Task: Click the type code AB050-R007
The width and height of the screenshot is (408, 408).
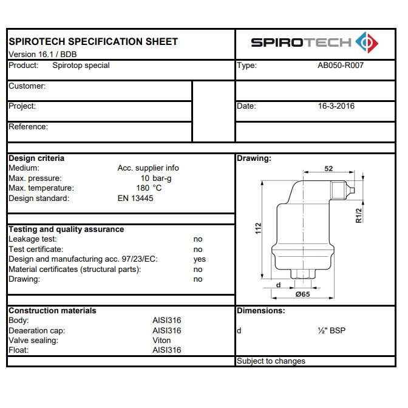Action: (340, 66)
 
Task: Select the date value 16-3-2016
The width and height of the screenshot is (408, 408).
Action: (336, 106)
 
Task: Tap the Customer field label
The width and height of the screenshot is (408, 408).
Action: (27, 86)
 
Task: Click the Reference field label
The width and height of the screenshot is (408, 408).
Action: (28, 126)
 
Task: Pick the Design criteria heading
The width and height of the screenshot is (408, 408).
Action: (36, 158)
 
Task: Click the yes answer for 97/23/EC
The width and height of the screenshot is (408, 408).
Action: (199, 259)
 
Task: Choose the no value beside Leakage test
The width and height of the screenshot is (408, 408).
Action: (198, 239)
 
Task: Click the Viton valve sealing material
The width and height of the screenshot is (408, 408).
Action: (161, 340)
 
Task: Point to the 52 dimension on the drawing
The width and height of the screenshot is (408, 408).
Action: (328, 169)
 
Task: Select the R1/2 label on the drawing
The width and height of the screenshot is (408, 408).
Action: (359, 216)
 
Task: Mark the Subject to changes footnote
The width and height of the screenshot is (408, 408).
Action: (271, 361)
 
